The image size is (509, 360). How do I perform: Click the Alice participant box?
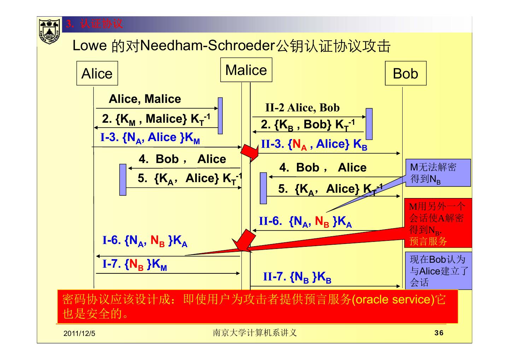(97, 73)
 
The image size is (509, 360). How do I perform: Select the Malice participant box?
(246, 70)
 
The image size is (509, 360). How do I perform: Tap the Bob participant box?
(405, 73)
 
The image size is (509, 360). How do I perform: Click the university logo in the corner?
(49, 31)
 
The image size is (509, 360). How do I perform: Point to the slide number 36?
(439, 333)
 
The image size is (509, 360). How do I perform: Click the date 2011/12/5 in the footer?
(80, 333)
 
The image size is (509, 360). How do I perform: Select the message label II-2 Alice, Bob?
(302, 108)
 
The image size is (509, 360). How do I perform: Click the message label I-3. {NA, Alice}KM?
(150, 138)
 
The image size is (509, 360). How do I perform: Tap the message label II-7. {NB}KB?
(297, 277)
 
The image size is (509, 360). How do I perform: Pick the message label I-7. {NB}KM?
(135, 264)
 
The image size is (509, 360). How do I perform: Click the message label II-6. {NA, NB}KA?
(305, 222)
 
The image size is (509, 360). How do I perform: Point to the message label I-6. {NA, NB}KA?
(145, 241)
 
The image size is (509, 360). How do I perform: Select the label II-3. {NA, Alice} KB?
(314, 144)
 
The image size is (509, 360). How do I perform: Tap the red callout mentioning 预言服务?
(438, 223)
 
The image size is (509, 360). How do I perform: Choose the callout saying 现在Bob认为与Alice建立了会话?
(438, 271)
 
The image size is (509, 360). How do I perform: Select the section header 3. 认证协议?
(94, 24)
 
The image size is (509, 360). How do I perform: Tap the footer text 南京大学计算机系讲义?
(255, 333)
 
